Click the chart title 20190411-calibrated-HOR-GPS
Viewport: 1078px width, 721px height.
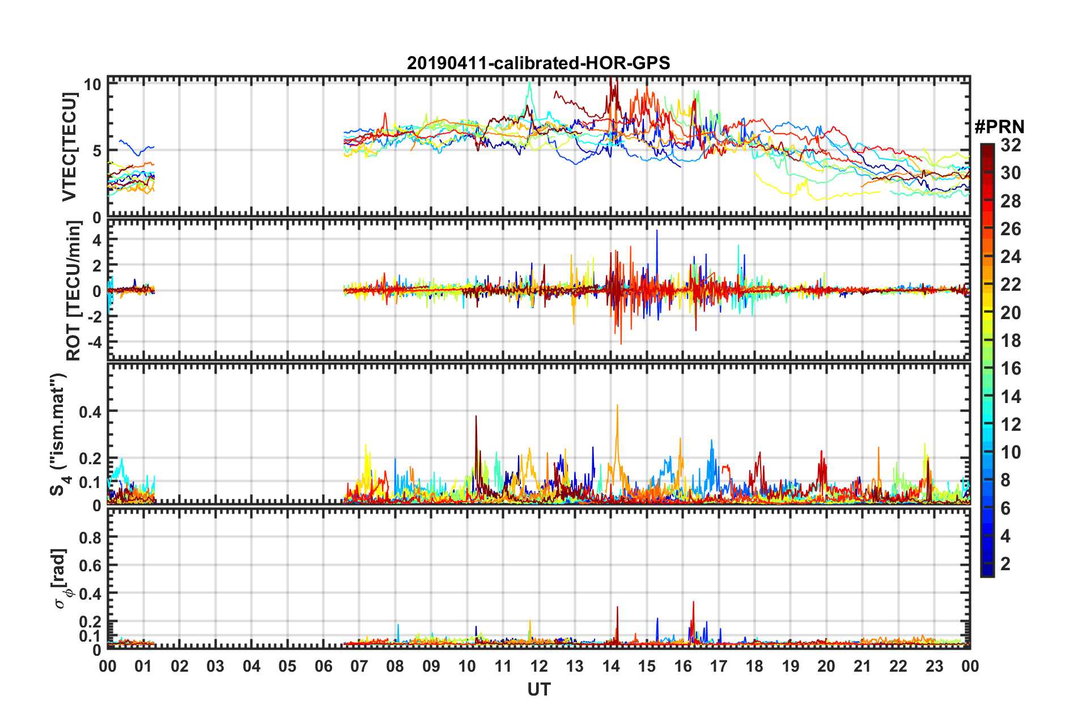point(538,63)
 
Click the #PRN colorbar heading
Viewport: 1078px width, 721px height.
point(999,127)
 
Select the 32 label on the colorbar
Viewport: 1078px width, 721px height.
point(1011,145)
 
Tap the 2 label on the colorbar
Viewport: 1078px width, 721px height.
point(1005,564)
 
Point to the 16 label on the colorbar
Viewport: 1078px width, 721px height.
point(1011,368)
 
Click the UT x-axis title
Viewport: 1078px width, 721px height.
point(538,689)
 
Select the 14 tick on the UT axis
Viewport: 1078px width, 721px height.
point(611,666)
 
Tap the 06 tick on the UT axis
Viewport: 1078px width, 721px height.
point(323,666)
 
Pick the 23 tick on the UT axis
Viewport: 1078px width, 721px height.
point(934,666)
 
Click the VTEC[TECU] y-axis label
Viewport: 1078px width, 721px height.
point(69,147)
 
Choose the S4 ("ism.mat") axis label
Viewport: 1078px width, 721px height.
point(60,434)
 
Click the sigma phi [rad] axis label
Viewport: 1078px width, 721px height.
point(61,578)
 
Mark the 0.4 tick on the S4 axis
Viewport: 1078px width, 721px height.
point(90,412)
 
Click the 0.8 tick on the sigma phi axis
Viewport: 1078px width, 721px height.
point(90,537)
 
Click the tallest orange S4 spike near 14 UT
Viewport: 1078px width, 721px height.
point(617,406)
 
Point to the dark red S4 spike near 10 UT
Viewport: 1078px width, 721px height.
point(476,417)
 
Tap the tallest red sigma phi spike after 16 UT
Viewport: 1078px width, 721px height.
point(693,603)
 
